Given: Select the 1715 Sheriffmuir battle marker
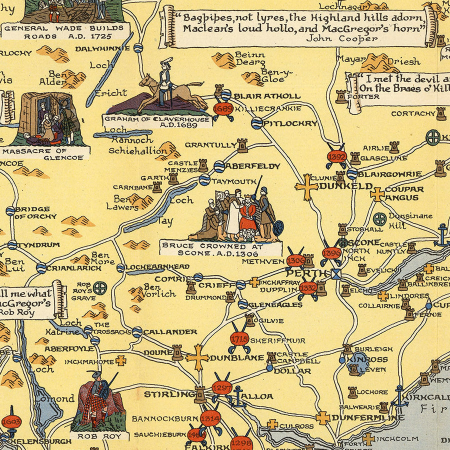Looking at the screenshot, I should [x=239, y=339].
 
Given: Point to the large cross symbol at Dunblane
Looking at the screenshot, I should [x=197, y=357].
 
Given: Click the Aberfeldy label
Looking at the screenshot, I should [x=252, y=166].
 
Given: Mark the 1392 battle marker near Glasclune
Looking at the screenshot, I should [x=336, y=156].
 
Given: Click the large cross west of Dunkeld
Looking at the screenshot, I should [x=306, y=186].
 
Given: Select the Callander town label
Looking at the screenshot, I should [x=170, y=331].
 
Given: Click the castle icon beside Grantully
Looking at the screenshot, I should [x=242, y=145].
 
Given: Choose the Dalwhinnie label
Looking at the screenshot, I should [x=102, y=48].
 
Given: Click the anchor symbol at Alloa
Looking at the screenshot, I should [x=238, y=394].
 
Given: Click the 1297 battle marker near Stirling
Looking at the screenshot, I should [x=222, y=387].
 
